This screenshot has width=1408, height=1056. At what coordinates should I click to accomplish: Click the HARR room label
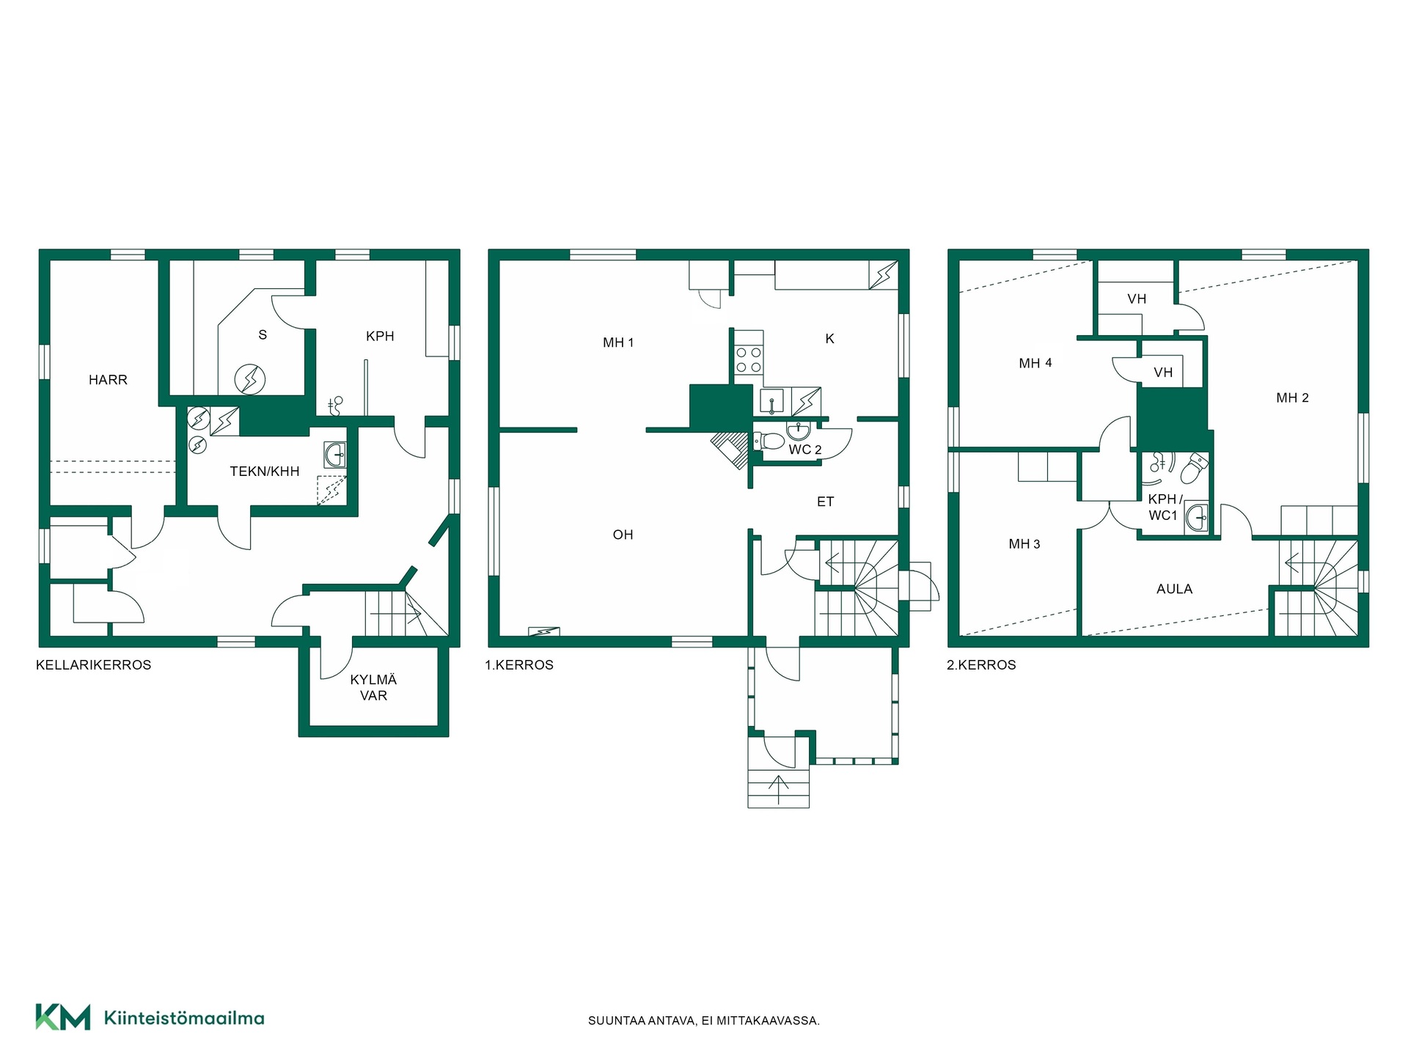pos(108,380)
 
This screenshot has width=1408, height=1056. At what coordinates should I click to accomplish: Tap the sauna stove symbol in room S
pos(250,379)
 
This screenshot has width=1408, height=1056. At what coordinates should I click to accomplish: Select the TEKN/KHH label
pos(265,472)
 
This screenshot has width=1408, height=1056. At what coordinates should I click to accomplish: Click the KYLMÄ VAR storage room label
pos(373,688)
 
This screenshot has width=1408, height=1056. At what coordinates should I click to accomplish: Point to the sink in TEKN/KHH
pos(335,455)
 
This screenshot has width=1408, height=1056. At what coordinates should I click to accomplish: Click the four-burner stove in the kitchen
pos(749,359)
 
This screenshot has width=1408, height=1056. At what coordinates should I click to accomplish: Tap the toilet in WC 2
pos(769,441)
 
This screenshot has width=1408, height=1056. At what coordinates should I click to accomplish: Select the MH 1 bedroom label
pos(618,342)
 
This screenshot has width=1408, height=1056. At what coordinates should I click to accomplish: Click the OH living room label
pos(623,535)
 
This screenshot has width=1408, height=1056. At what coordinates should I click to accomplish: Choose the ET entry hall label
pos(825,502)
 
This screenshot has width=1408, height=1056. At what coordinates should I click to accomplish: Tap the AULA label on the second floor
pos(1174,589)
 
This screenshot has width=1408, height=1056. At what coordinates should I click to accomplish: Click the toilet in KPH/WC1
pos(1195,468)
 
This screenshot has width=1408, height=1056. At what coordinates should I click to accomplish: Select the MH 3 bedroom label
pos(1024,544)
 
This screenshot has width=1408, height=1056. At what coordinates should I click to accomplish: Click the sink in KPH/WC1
pos(1196,518)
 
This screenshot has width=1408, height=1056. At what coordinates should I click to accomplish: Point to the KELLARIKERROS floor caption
pos(94,665)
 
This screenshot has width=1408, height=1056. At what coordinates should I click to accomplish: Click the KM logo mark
pos(63,1017)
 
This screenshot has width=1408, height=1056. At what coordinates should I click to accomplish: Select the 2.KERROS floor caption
pos(981,665)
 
